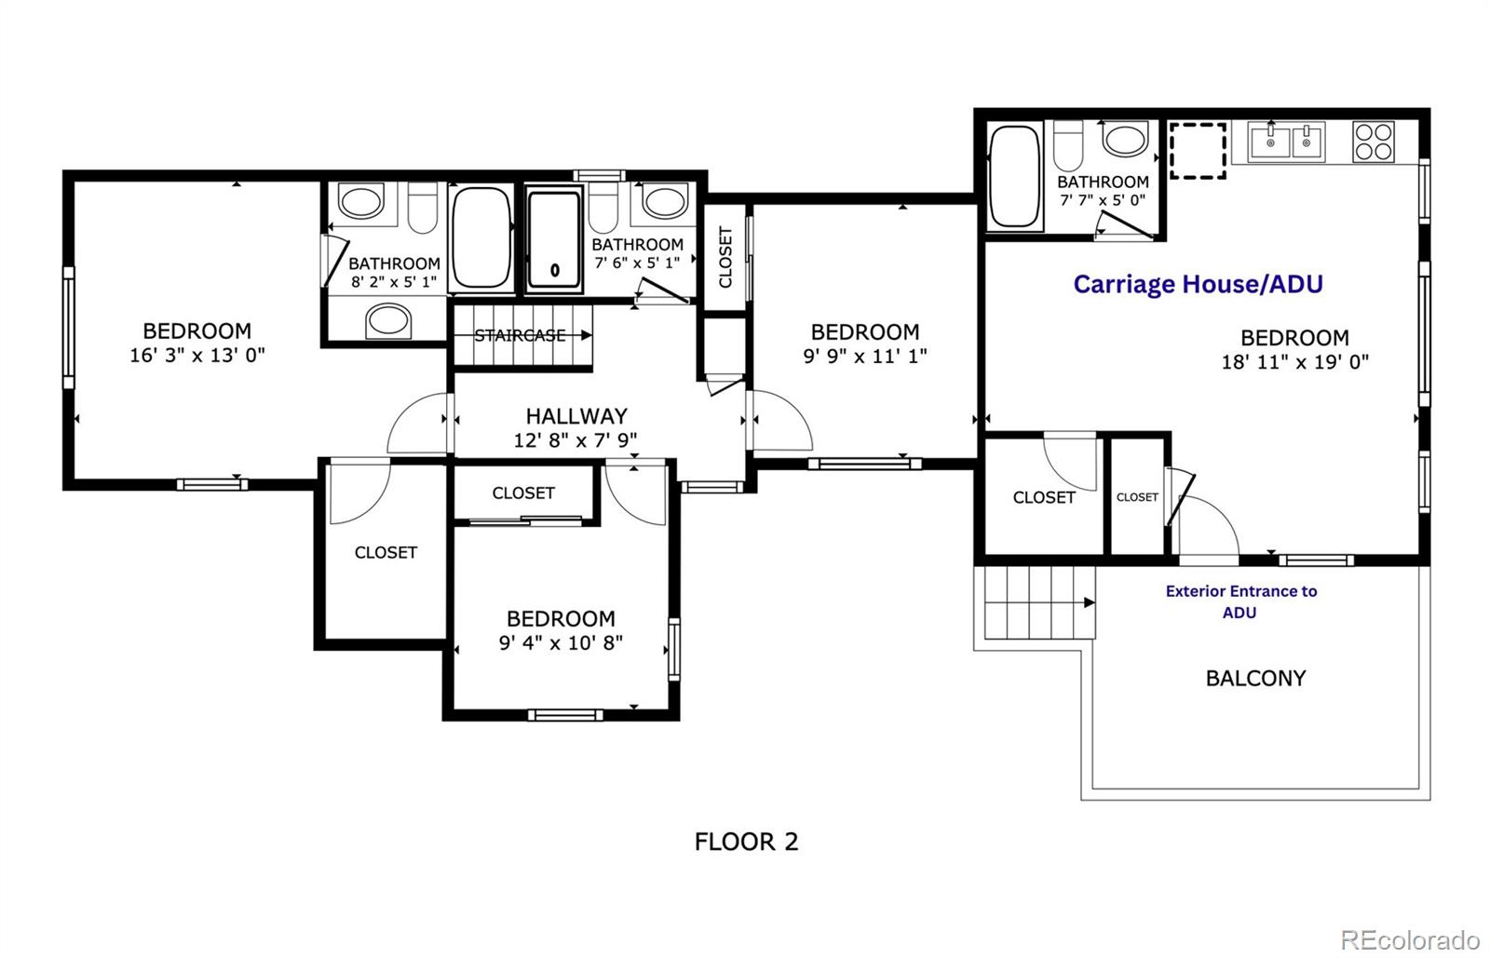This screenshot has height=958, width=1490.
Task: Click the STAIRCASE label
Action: coord(520,335)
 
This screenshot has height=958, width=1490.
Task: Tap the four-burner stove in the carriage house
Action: coord(1374,142)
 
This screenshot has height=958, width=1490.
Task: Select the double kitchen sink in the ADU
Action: coord(1288,142)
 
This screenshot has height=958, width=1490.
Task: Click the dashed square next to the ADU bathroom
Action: coord(1198,150)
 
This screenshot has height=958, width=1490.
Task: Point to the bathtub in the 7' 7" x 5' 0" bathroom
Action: coord(1014,176)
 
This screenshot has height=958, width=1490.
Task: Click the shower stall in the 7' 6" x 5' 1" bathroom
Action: coord(555,239)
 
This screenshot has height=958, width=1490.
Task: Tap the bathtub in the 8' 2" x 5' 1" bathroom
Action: coord(481,239)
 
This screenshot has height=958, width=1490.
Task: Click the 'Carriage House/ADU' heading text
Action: coord(1198,284)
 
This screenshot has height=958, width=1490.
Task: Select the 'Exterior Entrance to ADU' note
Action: coord(1240,601)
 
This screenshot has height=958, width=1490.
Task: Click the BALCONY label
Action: coord(1255,678)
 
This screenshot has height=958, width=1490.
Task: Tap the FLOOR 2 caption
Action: coord(746,842)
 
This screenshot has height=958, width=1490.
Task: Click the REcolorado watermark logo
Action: coord(1410,938)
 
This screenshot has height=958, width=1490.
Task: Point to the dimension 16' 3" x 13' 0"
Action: coord(196,355)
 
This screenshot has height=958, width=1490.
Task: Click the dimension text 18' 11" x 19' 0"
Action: coord(1294,362)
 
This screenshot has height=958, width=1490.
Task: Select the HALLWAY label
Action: coord(576,416)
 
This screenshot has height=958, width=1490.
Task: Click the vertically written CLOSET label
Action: coord(725,257)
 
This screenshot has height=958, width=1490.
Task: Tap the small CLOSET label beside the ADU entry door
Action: coord(1137,497)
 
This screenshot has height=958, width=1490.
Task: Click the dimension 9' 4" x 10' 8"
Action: coord(561,642)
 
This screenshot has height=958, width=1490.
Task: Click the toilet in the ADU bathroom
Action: coord(1068,144)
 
